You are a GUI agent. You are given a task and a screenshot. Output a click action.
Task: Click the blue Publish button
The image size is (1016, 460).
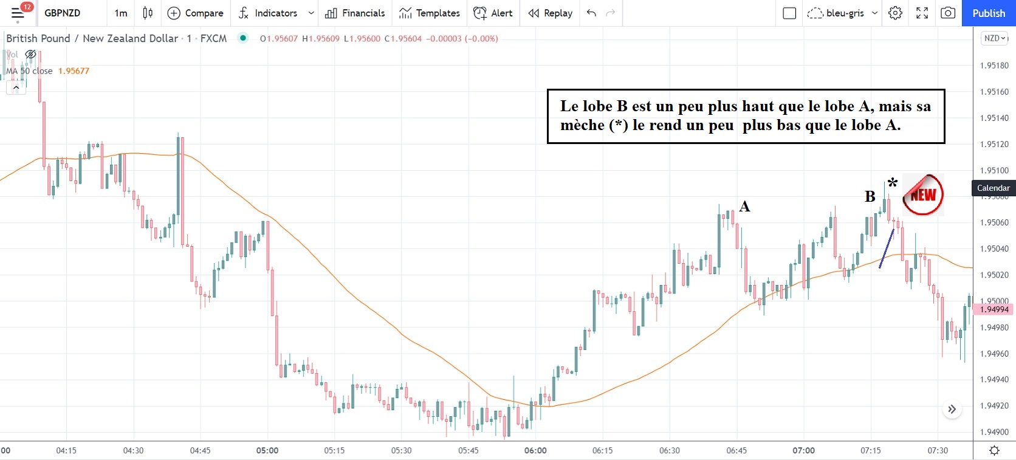(x=988, y=13)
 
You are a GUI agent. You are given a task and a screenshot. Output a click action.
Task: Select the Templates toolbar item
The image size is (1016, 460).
(x=430, y=13)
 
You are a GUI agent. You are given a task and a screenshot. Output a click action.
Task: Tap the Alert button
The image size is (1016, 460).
(x=493, y=13)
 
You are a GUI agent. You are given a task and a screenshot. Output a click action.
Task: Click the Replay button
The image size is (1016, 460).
(x=551, y=13)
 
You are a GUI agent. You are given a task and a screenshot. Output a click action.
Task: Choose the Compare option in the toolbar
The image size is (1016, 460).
(x=196, y=13)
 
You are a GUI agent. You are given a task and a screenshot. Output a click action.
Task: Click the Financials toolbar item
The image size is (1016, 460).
(x=355, y=13)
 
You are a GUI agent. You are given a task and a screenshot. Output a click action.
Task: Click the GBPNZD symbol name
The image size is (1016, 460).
(x=62, y=13)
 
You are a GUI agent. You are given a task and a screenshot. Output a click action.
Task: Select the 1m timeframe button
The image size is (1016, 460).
(x=121, y=13)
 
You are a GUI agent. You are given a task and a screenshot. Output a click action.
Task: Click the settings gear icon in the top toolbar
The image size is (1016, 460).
(x=895, y=13)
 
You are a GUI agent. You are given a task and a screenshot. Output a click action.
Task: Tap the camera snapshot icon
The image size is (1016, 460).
(x=947, y=13)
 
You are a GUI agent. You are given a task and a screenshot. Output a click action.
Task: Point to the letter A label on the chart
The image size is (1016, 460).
(x=744, y=207)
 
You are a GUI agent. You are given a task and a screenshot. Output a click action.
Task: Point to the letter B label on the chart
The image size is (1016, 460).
(x=870, y=196)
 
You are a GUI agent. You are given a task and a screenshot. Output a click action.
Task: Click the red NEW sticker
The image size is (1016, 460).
(x=923, y=195)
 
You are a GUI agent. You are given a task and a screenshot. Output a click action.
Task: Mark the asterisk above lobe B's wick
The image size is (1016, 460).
(x=892, y=182)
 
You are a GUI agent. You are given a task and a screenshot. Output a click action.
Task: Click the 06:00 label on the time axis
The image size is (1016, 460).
(x=535, y=450)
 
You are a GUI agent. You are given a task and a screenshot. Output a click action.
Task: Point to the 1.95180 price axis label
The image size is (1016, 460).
(x=994, y=66)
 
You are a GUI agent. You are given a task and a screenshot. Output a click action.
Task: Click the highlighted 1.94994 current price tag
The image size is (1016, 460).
(x=994, y=309)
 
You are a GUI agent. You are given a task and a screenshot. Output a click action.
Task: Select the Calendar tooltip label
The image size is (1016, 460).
(x=993, y=188)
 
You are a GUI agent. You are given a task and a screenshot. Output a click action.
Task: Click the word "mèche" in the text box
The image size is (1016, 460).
(x=582, y=125)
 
